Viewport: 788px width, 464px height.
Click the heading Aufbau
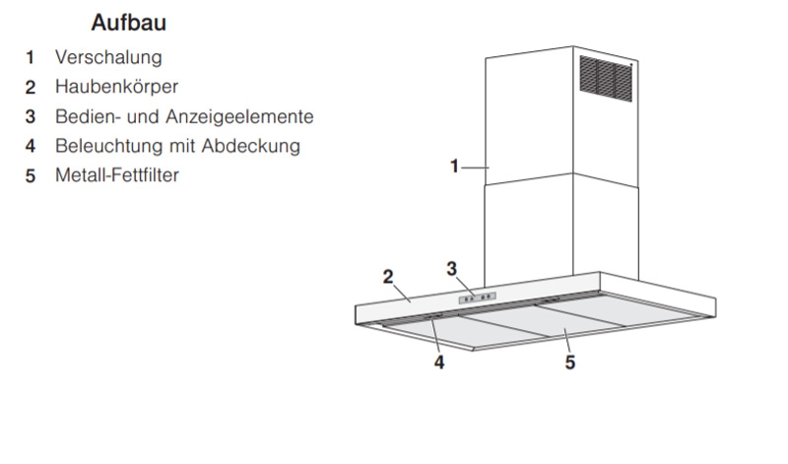pyautogui.click(x=129, y=23)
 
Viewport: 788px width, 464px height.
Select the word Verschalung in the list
pyautogui.click(x=108, y=57)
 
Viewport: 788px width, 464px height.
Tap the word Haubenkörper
pyautogui.click(x=116, y=87)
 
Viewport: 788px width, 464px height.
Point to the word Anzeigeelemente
pyautogui.click(x=239, y=116)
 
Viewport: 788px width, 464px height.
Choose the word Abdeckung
pyautogui.click(x=251, y=146)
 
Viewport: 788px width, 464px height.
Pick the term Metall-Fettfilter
pyautogui.click(x=117, y=175)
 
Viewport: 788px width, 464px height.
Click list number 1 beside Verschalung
pyautogui.click(x=31, y=58)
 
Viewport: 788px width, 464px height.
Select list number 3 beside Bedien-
pyautogui.click(x=31, y=116)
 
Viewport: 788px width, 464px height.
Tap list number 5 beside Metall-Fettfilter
pyautogui.click(x=31, y=176)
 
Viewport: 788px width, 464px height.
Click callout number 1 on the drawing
pyautogui.click(x=454, y=166)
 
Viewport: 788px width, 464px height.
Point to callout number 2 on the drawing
pyautogui.click(x=388, y=277)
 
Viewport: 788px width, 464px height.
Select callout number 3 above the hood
pyautogui.click(x=452, y=269)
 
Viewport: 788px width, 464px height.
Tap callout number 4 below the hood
pyautogui.click(x=439, y=362)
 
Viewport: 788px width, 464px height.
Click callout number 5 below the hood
pyautogui.click(x=570, y=362)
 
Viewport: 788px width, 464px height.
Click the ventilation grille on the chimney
pyautogui.click(x=606, y=79)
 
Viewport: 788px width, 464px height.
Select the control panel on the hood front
pyautogui.click(x=477, y=298)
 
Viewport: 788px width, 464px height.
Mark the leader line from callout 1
pyautogui.click(x=475, y=167)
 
